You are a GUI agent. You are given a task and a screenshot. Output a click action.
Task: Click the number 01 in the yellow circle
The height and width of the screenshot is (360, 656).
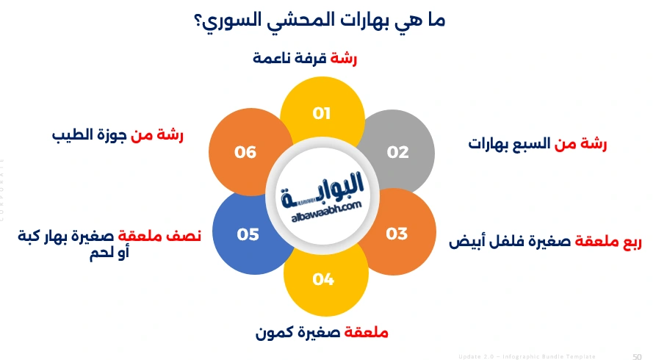[x=322, y=113]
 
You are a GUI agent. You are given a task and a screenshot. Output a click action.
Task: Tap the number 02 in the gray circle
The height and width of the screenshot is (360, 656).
[x=397, y=152]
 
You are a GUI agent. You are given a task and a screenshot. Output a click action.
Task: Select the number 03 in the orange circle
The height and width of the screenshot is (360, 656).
[x=397, y=234]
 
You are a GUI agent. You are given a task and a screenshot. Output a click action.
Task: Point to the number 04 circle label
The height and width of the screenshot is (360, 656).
[x=323, y=279]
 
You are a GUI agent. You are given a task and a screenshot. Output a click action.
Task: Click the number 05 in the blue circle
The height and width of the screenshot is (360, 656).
[x=248, y=234]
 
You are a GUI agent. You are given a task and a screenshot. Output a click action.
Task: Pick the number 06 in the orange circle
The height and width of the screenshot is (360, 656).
[x=245, y=152]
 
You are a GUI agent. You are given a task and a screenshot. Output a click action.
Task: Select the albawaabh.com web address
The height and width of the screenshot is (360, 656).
[x=322, y=208]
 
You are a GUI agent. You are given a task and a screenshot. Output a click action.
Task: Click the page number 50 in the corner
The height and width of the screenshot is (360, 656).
[x=637, y=356]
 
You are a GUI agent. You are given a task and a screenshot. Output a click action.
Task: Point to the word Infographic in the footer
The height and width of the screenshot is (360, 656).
[x=526, y=356]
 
